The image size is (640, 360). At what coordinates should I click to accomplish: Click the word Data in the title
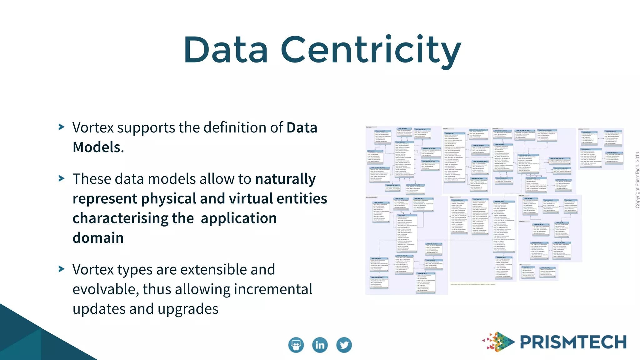click(226, 50)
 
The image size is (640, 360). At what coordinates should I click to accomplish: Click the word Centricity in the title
click(371, 51)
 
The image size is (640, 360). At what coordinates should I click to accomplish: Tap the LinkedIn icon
click(320, 345)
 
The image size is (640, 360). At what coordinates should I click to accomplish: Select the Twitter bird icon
click(344, 345)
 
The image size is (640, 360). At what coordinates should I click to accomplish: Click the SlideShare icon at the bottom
click(296, 345)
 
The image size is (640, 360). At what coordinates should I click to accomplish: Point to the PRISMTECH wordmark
click(573, 342)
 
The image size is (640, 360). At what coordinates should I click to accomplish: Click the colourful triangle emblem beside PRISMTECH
click(498, 342)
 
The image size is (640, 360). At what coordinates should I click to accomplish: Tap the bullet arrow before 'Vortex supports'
click(62, 127)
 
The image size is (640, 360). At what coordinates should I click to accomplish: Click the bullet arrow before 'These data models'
click(62, 178)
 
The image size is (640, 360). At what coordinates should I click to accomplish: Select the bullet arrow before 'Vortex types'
click(62, 269)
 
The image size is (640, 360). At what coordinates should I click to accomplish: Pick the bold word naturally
click(285, 179)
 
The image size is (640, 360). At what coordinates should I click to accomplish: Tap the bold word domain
click(98, 238)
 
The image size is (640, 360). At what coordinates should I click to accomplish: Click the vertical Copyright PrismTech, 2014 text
click(637, 180)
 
